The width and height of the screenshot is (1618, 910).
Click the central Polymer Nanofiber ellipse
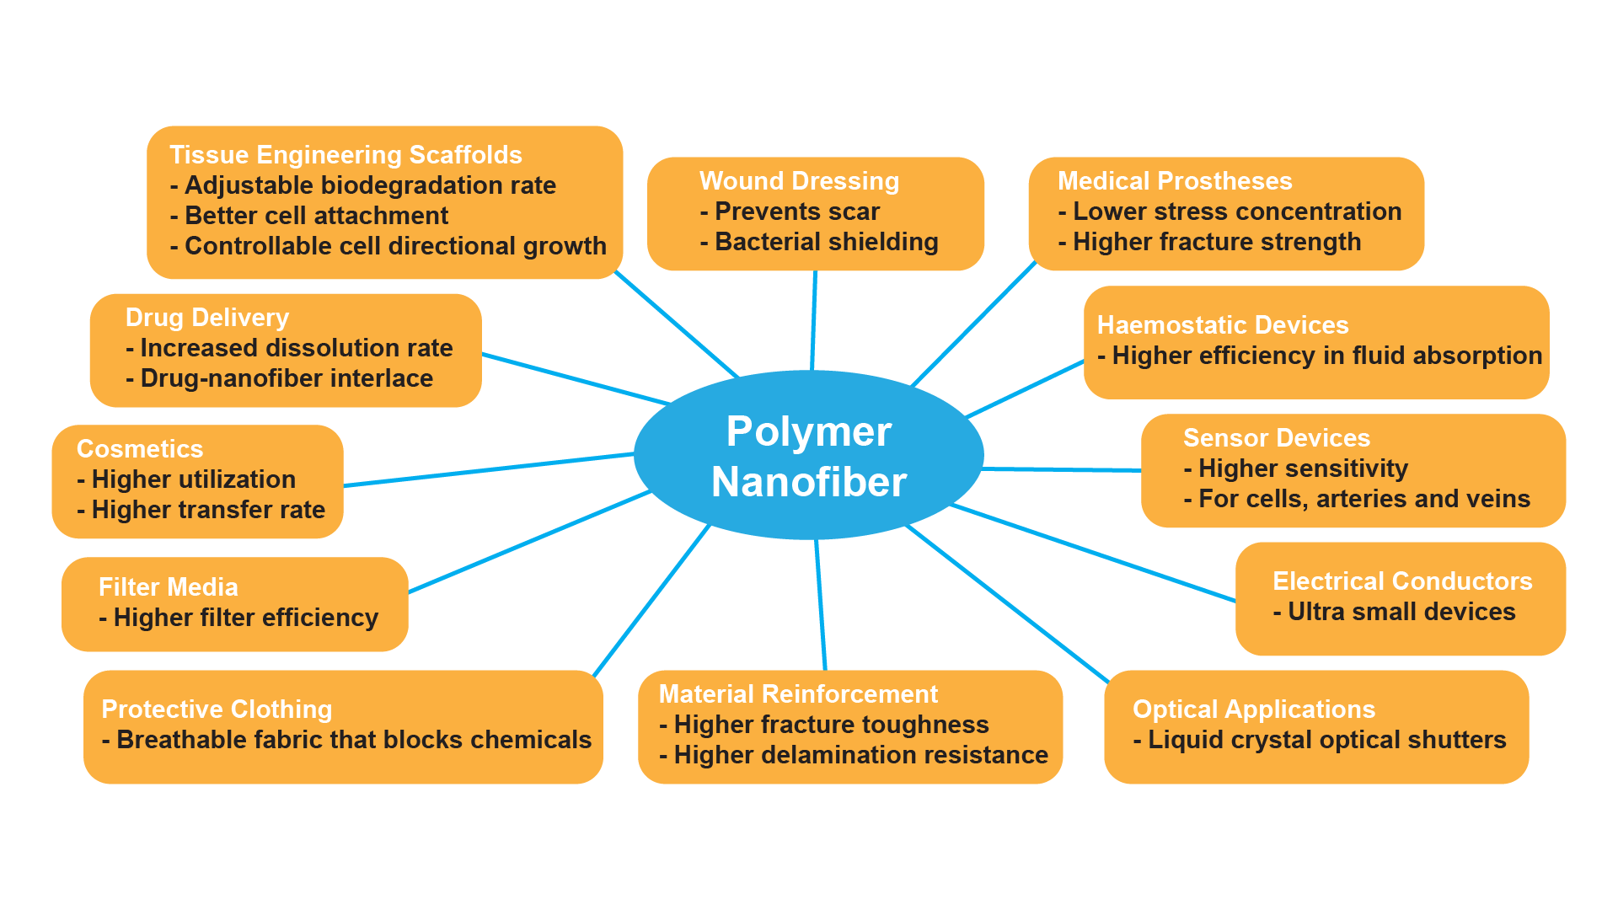[808, 456]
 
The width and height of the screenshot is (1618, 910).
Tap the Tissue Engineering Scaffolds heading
[346, 155]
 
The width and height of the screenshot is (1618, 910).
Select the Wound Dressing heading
[799, 181]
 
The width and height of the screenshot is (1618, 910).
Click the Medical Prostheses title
[1174, 181]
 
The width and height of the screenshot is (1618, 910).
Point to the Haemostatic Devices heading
[1222, 325]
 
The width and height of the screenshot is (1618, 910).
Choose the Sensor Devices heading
[1276, 438]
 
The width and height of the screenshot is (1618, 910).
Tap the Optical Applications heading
[1253, 709]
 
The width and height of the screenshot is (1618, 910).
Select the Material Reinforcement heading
[797, 694]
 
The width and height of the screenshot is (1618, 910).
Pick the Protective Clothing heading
[217, 709]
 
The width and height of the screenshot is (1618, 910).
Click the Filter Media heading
[168, 587]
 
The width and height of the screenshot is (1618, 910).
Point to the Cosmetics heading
[140, 449]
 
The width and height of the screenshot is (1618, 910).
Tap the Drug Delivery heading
[206, 318]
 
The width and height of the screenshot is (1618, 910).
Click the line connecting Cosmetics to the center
[489, 469]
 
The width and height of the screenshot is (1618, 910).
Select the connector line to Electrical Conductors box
[1096, 554]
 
